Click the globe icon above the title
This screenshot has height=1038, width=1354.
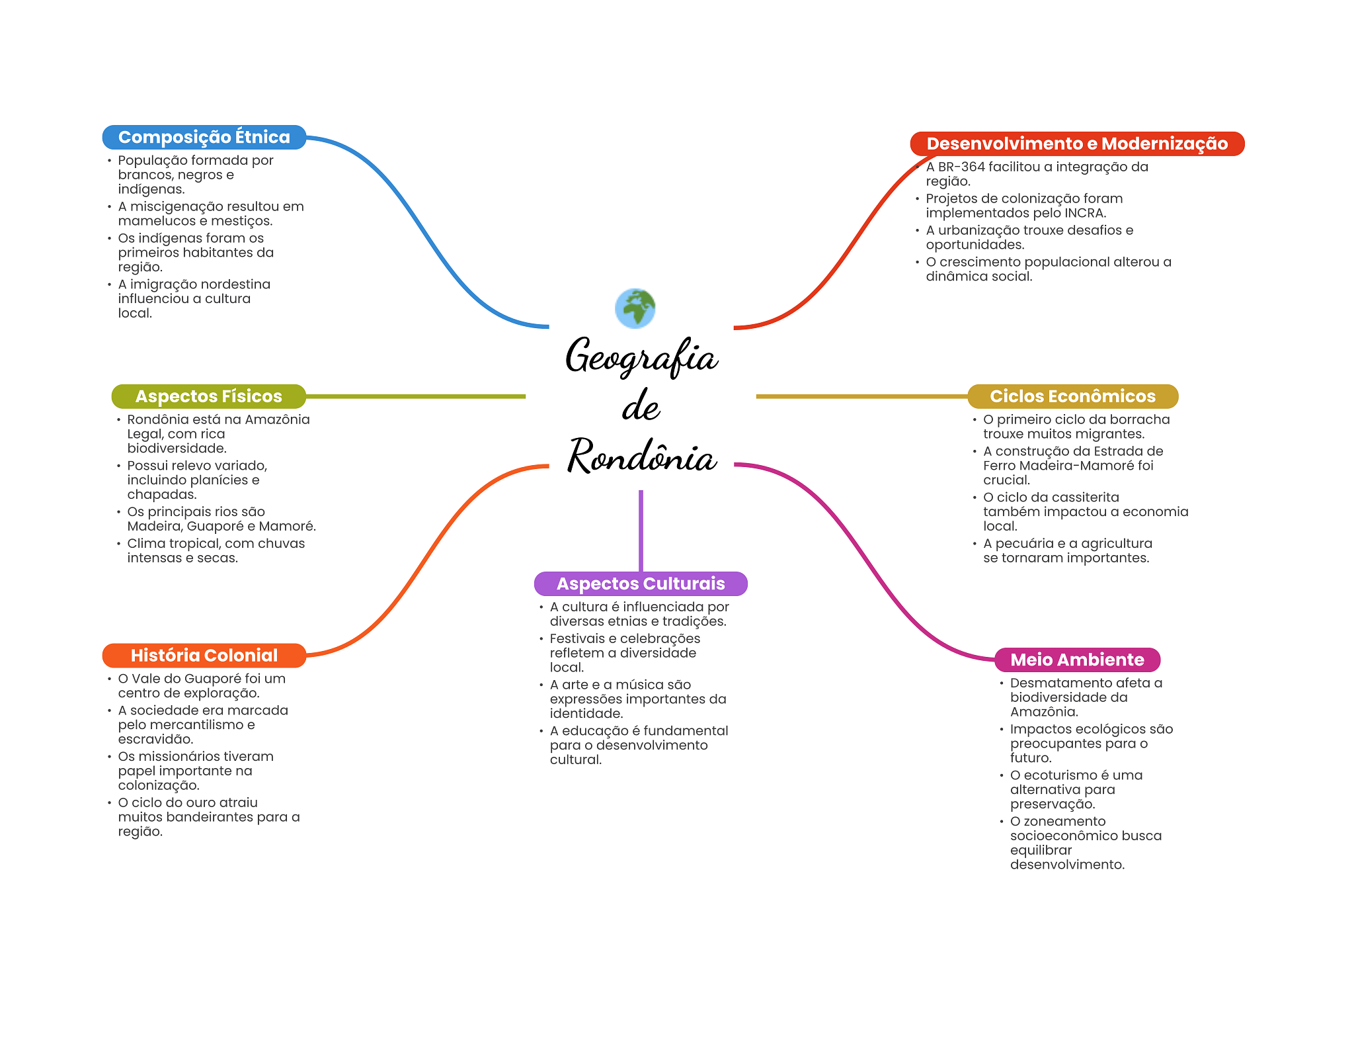coord(635,308)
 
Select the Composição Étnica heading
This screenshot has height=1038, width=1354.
coord(204,137)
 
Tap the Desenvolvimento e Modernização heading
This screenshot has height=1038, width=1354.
coord(1076,144)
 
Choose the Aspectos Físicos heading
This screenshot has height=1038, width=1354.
coord(208,396)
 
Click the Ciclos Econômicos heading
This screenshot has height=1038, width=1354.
coord(1072,396)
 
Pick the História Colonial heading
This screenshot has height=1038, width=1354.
coord(204,655)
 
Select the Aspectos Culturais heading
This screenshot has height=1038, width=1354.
coord(640,584)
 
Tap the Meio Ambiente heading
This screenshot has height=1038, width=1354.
coord(1076,660)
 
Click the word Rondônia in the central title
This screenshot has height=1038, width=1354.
coord(641,456)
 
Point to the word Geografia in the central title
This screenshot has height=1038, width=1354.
coord(641,357)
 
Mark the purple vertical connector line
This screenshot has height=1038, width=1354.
coord(641,529)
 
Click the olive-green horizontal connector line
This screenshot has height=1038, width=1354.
coord(417,396)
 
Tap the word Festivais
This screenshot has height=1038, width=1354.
coord(577,638)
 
